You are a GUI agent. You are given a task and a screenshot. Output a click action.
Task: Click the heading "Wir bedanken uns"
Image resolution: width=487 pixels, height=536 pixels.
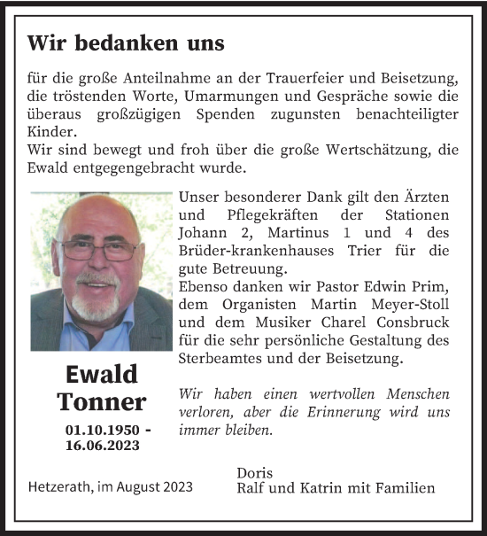coord(126,43)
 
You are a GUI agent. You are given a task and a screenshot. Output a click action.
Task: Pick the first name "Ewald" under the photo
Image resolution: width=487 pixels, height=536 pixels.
coord(101,374)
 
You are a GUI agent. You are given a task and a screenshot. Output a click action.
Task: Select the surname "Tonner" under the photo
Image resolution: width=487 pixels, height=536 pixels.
coord(101,402)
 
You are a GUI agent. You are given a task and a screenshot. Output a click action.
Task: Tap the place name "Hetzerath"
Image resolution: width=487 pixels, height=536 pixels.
coord(64,488)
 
